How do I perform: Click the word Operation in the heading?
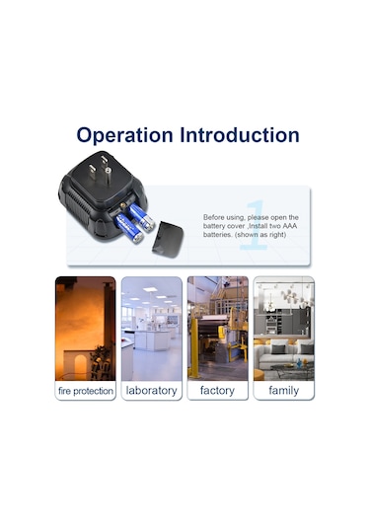click(124, 136)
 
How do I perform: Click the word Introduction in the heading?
click(240, 134)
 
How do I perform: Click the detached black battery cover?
click(168, 240)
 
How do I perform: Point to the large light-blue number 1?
click(256, 225)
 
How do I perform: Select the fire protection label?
click(86, 391)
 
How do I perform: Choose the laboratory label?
click(152, 391)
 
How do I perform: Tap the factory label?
click(217, 391)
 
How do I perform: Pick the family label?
click(284, 391)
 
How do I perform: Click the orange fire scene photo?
click(86, 329)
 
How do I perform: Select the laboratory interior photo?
click(152, 329)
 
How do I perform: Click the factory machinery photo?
click(217, 329)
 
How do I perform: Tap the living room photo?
click(284, 329)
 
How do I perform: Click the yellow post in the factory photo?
click(194, 348)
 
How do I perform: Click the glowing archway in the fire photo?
click(80, 366)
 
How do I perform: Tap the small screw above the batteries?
click(122, 204)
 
